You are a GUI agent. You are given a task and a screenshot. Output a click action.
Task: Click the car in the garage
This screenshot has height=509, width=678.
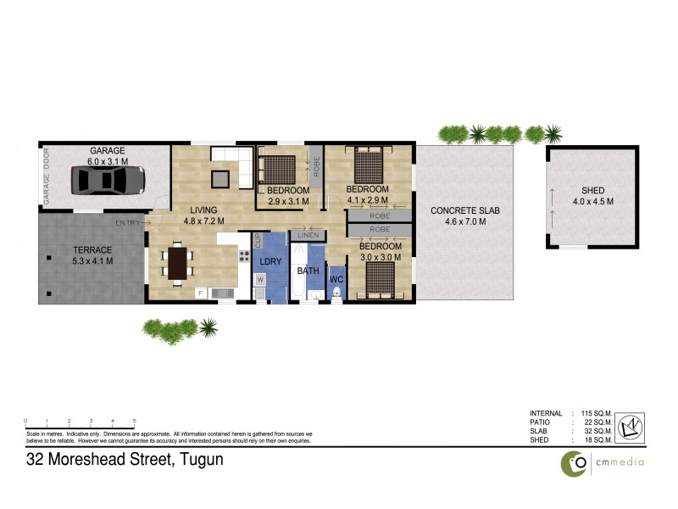tap(108, 180)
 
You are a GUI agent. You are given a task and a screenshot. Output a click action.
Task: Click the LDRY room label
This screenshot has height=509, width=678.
tap(270, 261)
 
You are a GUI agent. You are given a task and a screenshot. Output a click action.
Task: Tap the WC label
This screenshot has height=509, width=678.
tap(337, 278)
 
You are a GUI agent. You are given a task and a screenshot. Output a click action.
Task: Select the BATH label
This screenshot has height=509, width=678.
tap(307, 271)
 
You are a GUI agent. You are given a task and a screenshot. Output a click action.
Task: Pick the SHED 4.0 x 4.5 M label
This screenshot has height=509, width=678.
tap(592, 195)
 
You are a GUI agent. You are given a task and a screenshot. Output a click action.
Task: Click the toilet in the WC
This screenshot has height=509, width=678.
tap(337, 294)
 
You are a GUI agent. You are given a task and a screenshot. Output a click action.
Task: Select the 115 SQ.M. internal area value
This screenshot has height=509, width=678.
tap(597, 413)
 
